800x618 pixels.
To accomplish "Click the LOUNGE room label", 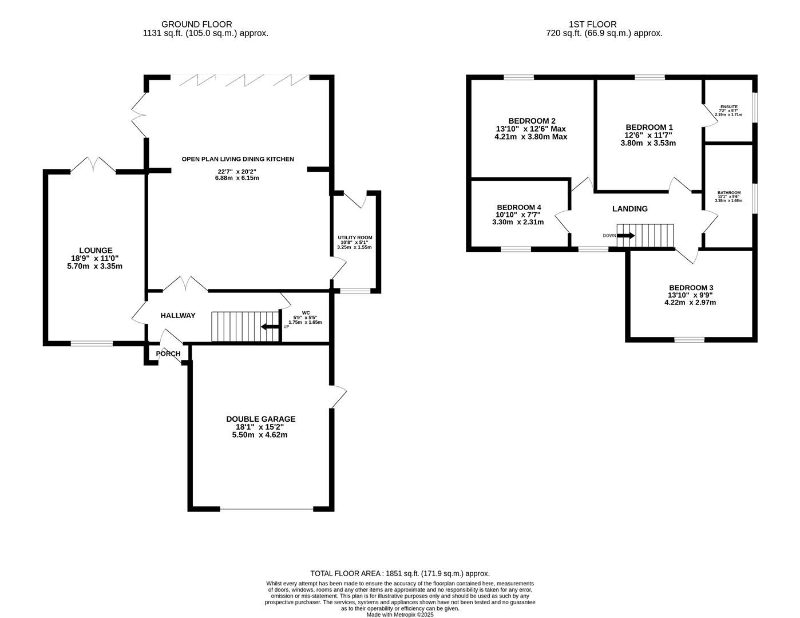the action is [96, 250].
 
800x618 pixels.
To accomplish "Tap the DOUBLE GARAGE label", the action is [260, 419].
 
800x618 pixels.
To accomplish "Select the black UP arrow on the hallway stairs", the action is [270, 327].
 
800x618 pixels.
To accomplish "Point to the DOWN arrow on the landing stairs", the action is [626, 236].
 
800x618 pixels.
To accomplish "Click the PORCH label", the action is [168, 354].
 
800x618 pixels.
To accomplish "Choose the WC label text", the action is [306, 313].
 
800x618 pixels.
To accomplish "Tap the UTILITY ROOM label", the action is [355, 238].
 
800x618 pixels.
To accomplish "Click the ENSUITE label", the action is [729, 107].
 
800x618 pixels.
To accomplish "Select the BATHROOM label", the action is [729, 192].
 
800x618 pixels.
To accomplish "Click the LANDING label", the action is [630, 209].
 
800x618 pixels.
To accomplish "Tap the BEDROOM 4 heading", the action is [518, 207].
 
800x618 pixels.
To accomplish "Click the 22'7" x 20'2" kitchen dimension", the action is [237, 172].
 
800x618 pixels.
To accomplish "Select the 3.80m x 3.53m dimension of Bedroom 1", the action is [648, 143].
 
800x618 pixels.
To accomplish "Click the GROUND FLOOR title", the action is [197, 24].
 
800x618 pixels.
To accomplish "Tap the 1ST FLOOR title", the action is [592, 24].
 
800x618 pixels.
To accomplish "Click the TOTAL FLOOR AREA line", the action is [400, 573].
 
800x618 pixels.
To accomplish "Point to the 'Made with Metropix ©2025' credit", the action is [400, 615].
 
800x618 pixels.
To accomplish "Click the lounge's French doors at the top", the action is [93, 165].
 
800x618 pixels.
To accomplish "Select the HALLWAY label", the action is [178, 315].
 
